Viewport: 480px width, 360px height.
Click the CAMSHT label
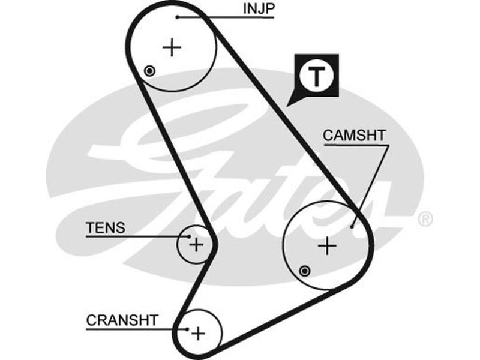[x=355, y=135]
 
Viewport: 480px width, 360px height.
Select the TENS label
[x=106, y=227]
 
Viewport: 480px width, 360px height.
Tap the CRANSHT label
[x=122, y=320]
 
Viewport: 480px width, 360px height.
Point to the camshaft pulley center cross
[x=327, y=245]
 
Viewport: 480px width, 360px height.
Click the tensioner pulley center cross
[x=196, y=244]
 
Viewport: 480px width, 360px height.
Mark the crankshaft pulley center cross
[x=199, y=332]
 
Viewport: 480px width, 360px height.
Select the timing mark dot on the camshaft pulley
[x=305, y=271]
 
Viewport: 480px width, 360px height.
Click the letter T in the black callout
[x=317, y=76]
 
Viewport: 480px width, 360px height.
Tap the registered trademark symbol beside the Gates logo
[x=424, y=219]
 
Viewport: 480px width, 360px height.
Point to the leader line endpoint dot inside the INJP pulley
[x=178, y=17]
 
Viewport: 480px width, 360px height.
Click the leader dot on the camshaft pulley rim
[x=352, y=227]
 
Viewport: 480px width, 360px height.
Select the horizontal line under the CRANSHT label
[x=126, y=329]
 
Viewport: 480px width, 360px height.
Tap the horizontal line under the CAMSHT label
[x=355, y=144]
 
